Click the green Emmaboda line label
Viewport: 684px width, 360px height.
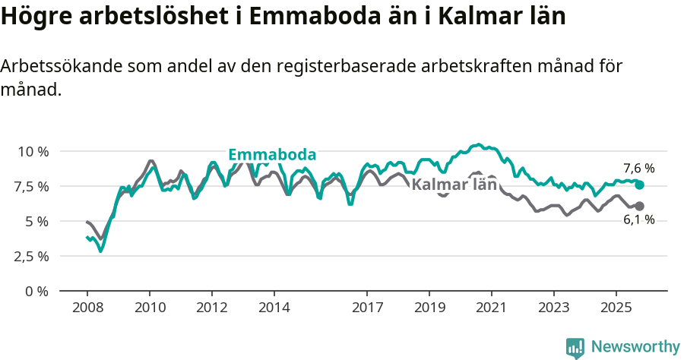pyautogui.click(x=272, y=154)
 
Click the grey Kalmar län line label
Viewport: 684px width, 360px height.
pyautogui.click(x=454, y=185)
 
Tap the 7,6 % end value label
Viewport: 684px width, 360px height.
pyautogui.click(x=638, y=169)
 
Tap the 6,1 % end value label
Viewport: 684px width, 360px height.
pyautogui.click(x=638, y=219)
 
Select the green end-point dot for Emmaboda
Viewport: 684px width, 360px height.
pyautogui.click(x=640, y=185)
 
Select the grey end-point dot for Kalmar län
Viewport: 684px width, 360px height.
pyautogui.click(x=640, y=206)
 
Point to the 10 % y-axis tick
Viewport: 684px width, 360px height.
pyautogui.click(x=33, y=151)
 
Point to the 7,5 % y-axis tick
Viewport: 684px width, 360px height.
pyautogui.click(x=33, y=186)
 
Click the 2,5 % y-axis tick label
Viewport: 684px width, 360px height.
pyautogui.click(x=33, y=256)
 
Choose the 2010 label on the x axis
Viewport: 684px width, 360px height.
pyautogui.click(x=149, y=309)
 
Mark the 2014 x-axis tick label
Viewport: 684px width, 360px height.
pyautogui.click(x=274, y=309)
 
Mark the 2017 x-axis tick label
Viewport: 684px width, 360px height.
pyautogui.click(x=367, y=309)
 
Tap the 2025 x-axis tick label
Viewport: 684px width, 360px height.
pyautogui.click(x=616, y=309)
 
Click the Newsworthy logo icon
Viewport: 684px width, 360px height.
pyautogui.click(x=575, y=348)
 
